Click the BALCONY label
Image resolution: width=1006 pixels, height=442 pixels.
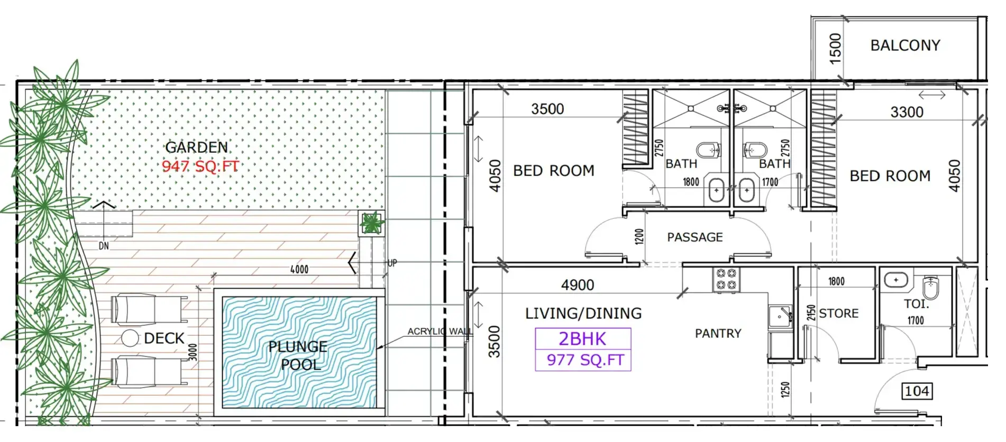coord(905,45)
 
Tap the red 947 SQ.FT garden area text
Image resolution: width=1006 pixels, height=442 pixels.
coord(200,166)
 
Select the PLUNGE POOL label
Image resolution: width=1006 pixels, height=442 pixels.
coord(298,355)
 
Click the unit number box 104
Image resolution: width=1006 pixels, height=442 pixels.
coord(917,391)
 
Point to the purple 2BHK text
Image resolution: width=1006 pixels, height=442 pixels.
coord(582,338)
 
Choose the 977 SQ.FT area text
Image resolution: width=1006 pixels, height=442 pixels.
coord(585,360)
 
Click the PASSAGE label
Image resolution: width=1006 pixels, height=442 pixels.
coord(694,237)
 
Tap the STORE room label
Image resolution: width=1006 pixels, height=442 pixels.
coord(838,314)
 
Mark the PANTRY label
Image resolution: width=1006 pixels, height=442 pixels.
coord(718,334)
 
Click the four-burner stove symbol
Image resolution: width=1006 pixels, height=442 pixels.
coord(726,280)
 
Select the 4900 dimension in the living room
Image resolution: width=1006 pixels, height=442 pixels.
coord(578,286)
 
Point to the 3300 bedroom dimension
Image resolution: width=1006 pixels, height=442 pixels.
coord(907,112)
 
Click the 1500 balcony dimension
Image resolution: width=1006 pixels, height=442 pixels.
coord(835,49)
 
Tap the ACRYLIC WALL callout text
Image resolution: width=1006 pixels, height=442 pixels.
coord(440,331)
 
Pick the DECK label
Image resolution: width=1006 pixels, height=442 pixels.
coord(164,338)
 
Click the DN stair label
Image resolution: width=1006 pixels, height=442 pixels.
coord(104,246)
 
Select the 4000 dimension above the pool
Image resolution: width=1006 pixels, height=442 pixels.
coord(299,270)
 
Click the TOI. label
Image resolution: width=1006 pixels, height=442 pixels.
coord(916,304)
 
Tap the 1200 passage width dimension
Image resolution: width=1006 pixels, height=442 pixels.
coord(639,236)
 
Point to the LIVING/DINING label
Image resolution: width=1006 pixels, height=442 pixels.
coord(583,314)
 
